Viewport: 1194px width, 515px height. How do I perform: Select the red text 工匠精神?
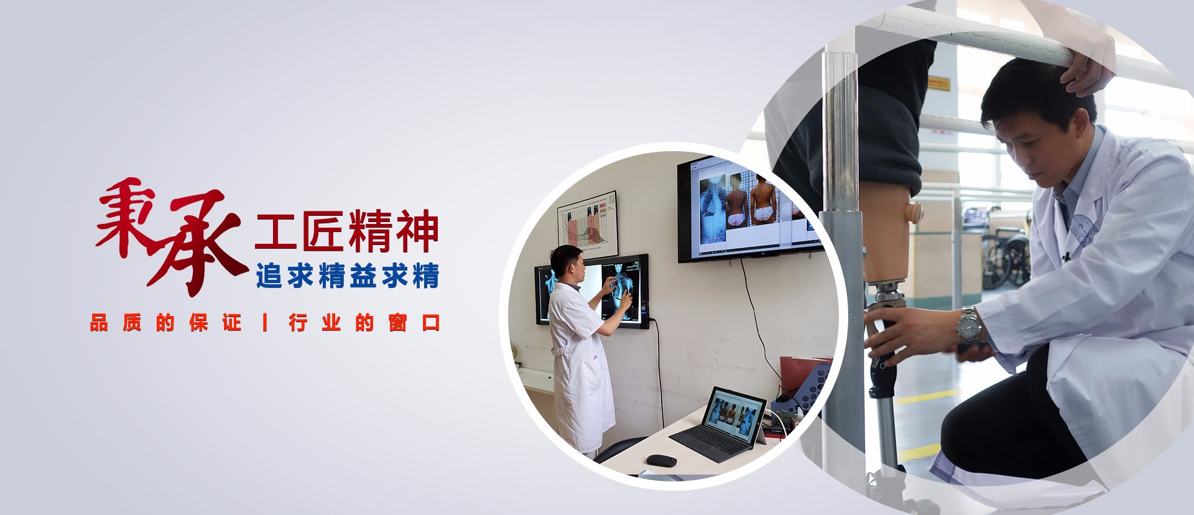tap(346, 231)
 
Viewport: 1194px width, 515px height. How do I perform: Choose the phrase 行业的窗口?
tap(364, 323)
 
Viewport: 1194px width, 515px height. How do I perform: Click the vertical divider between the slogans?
tap(266, 323)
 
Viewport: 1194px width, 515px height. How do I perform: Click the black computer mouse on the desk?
tap(662, 460)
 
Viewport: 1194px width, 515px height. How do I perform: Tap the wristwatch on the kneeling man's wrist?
tap(969, 324)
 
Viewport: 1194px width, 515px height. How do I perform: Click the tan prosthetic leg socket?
tap(886, 236)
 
